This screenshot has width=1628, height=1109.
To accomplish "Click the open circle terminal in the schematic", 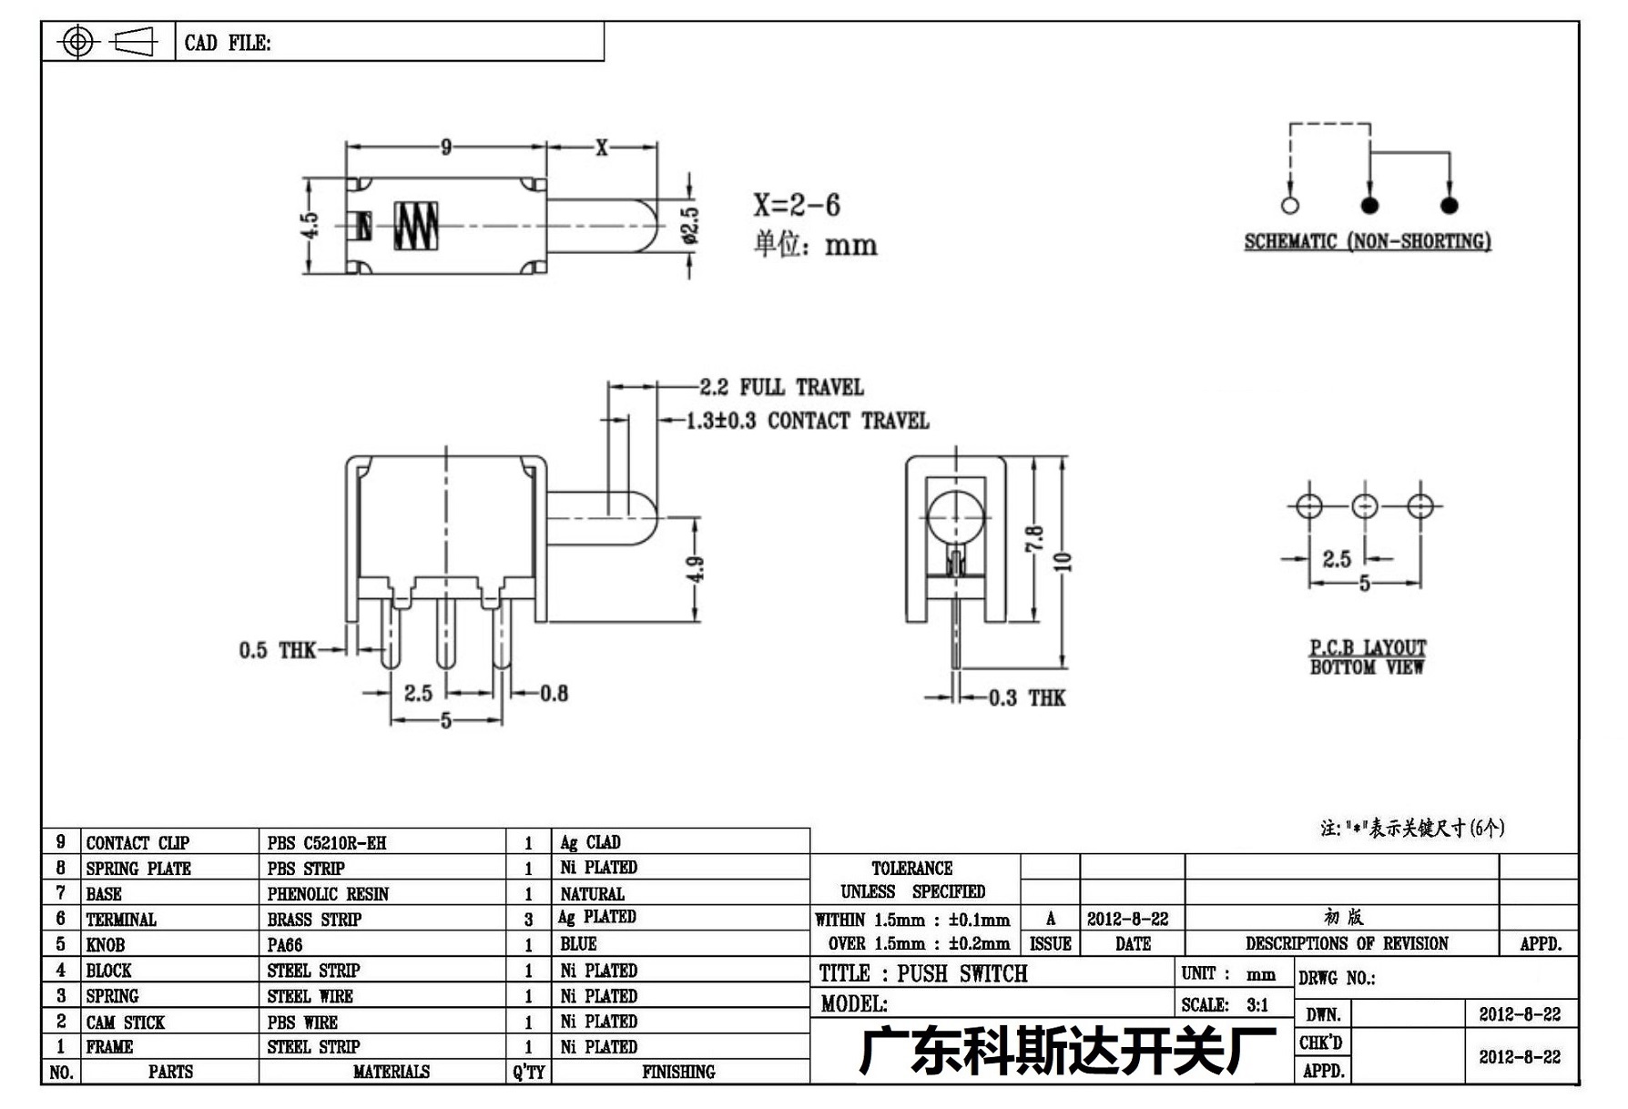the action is coord(1289,206).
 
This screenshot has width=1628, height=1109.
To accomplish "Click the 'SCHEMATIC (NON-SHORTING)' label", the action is coord(1368,241).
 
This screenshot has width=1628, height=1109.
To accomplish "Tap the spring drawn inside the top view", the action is coord(416,224).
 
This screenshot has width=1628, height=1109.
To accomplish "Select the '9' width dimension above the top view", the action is coord(446,147).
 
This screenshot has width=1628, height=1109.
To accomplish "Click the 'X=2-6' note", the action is coord(797,205).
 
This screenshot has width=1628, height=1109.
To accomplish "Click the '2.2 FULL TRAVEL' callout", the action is coord(781,387).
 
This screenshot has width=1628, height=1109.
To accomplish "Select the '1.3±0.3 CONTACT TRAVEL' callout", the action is coord(808,421).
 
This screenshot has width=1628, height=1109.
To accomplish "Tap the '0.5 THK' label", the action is coord(277,650).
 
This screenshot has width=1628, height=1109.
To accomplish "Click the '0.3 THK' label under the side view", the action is coord(1027,698).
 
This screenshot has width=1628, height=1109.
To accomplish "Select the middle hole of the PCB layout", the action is coord(1364,506).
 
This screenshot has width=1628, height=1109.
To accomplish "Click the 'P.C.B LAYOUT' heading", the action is coord(1368,647).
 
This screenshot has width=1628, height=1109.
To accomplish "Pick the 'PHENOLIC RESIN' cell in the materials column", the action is coord(328,894).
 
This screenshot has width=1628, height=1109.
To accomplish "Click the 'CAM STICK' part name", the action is coord(126,1023).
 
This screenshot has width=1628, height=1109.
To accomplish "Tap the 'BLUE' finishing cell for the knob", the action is coord(578,944).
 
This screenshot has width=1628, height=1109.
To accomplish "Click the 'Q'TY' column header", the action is coord(528,1072).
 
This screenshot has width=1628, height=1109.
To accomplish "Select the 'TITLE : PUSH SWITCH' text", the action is coord(923,973).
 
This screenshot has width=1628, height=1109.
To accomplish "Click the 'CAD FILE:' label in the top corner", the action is coord(228,43).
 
